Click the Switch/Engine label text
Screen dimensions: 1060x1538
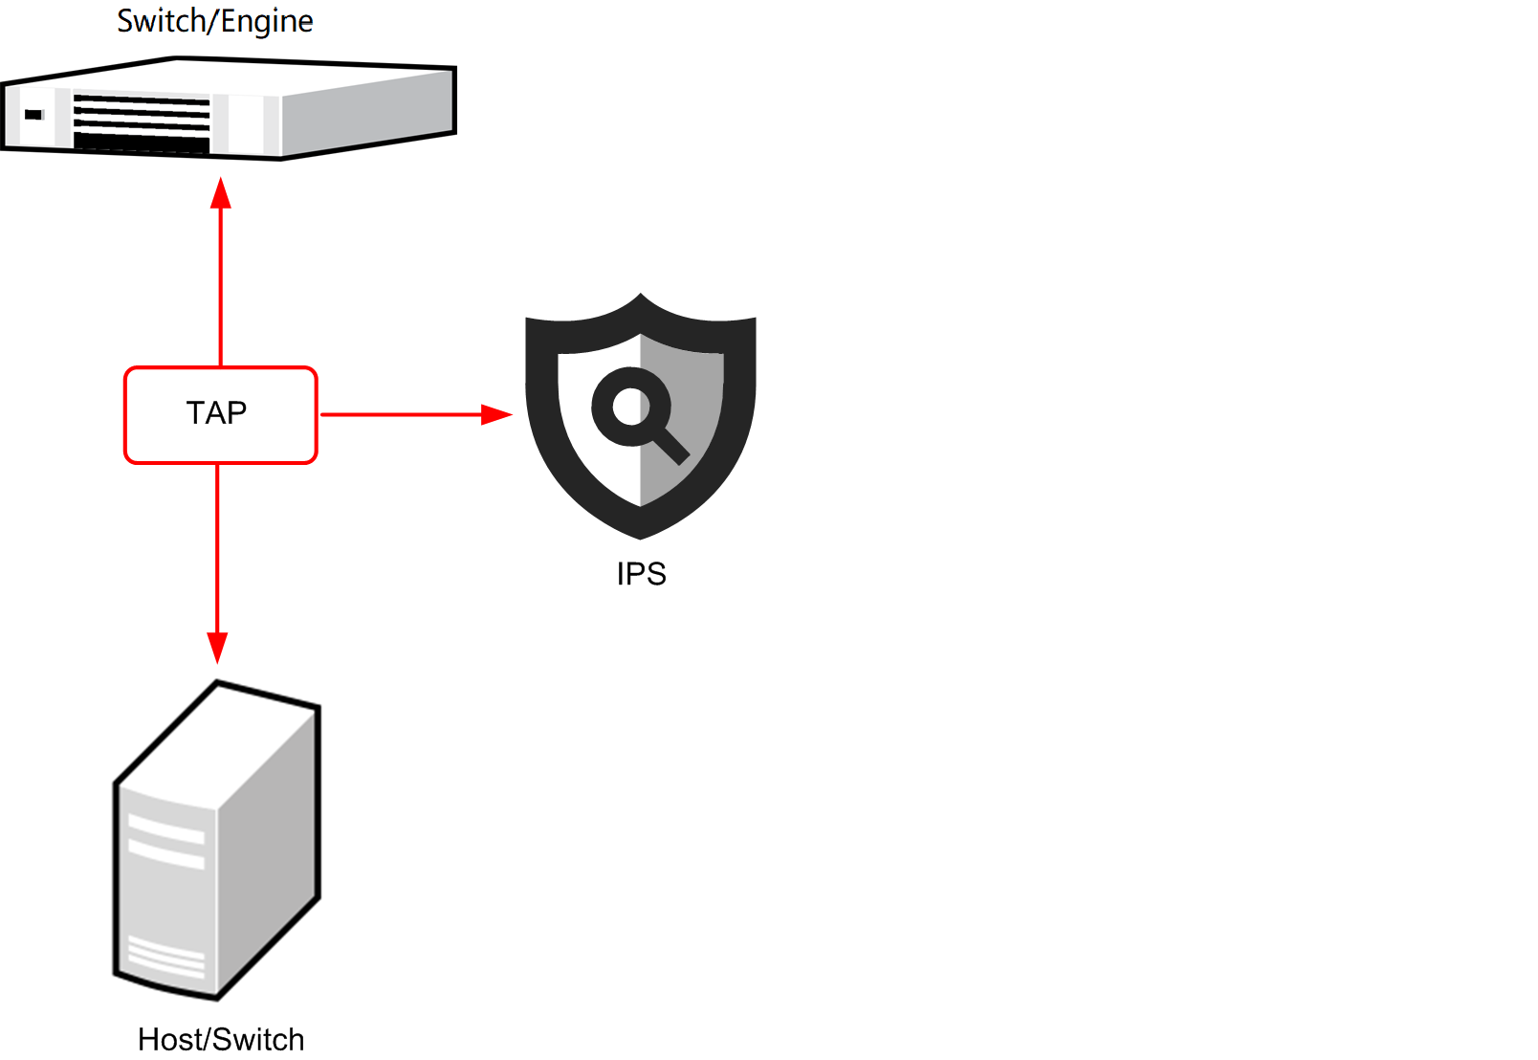point(215,21)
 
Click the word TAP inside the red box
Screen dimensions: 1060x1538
point(217,413)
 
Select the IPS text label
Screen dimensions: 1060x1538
point(641,574)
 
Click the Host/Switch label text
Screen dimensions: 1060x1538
point(221,1040)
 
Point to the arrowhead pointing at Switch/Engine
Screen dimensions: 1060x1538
point(221,193)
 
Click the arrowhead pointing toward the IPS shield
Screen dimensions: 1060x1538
point(496,414)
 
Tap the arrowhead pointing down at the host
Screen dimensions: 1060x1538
point(218,647)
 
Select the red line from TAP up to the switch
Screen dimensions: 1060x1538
point(221,287)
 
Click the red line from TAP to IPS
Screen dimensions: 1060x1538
point(402,414)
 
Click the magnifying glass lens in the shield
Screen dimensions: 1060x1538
point(629,407)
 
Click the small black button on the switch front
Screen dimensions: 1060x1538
point(33,115)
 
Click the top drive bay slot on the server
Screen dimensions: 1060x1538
point(166,828)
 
